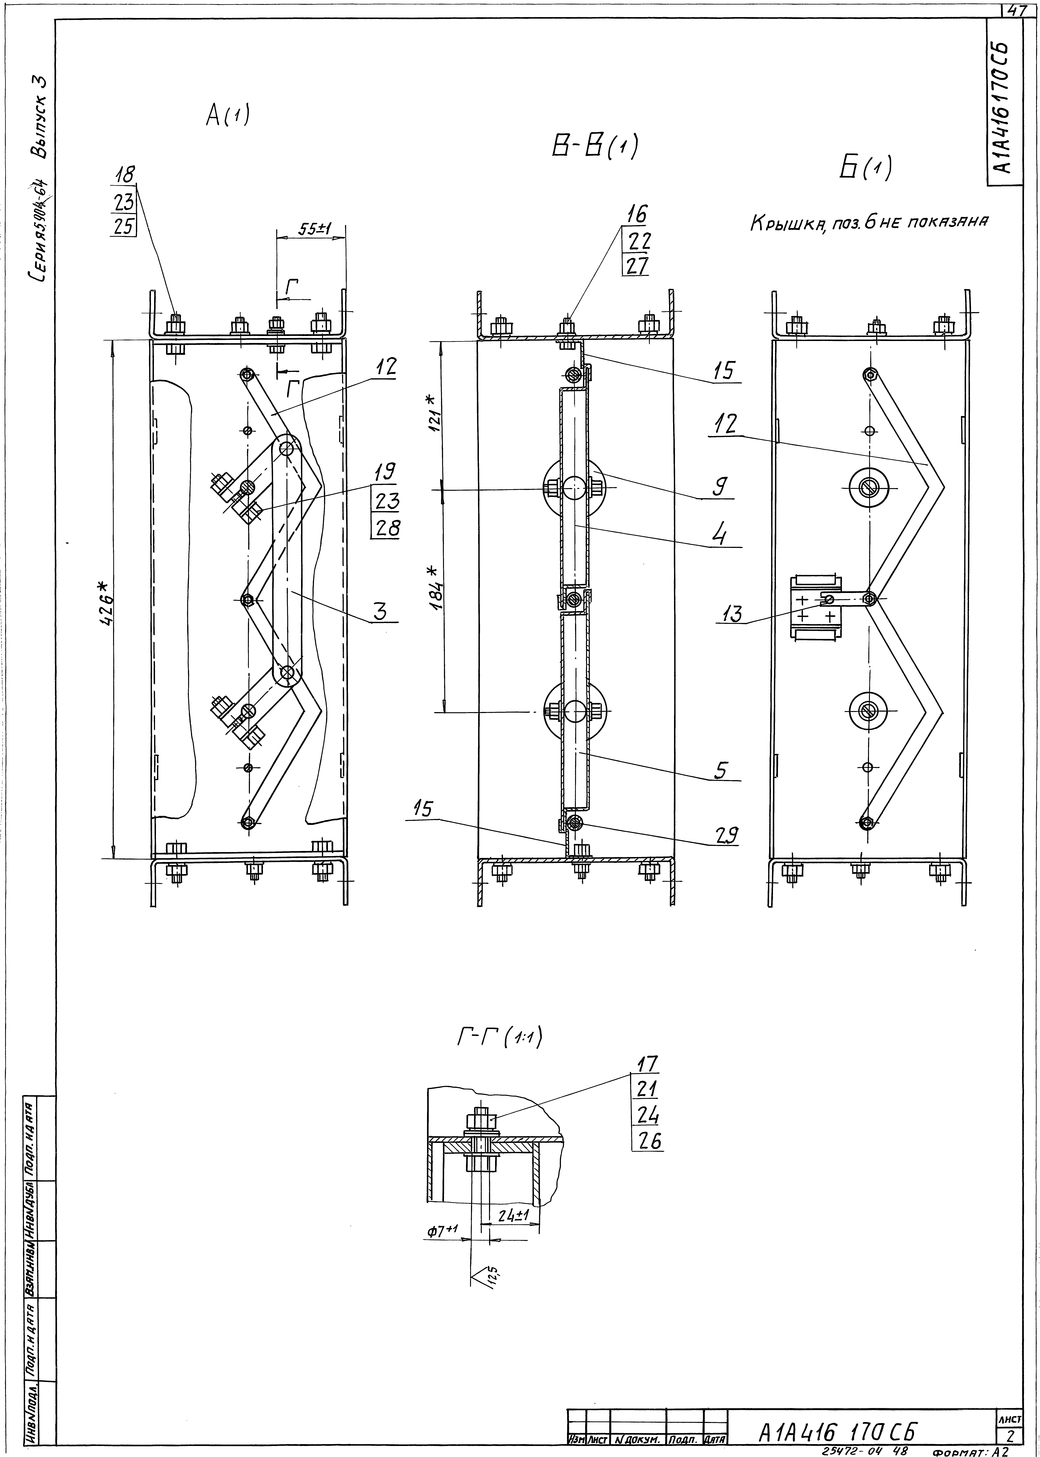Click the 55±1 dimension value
[x=313, y=229]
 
